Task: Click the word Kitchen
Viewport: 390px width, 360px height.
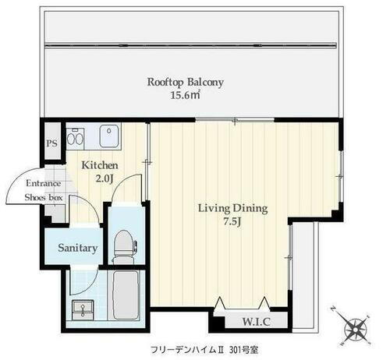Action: coord(101,166)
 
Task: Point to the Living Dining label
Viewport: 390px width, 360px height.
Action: coord(232,208)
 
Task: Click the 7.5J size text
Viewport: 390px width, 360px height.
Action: coord(232,223)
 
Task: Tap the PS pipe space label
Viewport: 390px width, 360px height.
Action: coord(52,144)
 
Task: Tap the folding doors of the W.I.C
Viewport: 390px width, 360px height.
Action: coord(243,304)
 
